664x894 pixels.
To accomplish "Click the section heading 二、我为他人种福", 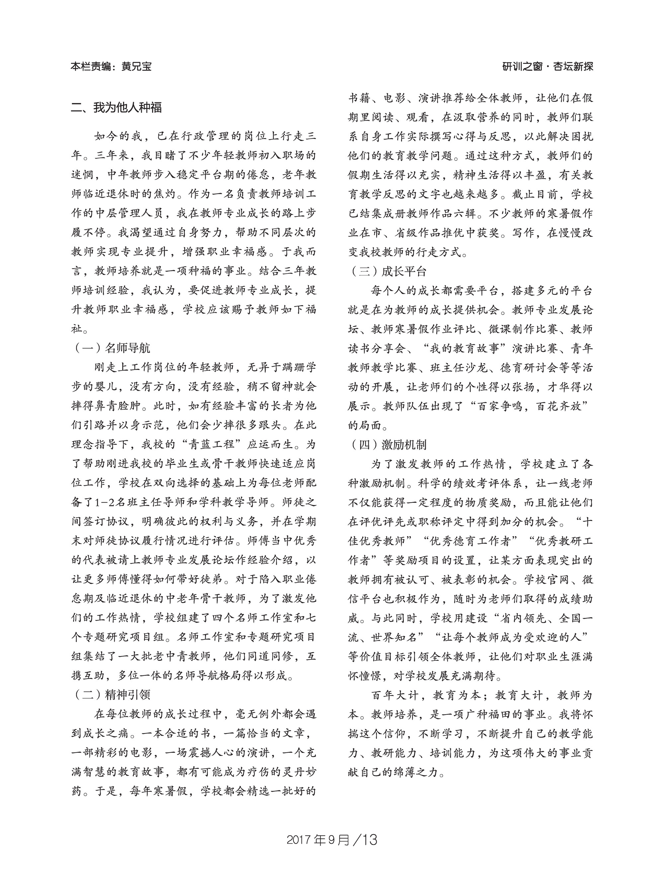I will [116, 108].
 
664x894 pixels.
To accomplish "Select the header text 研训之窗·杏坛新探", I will [547, 66].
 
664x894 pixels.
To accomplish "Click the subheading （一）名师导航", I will [111, 347].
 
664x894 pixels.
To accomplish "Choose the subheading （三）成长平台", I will [387, 271].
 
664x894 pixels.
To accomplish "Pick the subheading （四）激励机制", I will [387, 444].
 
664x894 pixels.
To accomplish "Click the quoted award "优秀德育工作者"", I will [471, 541].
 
